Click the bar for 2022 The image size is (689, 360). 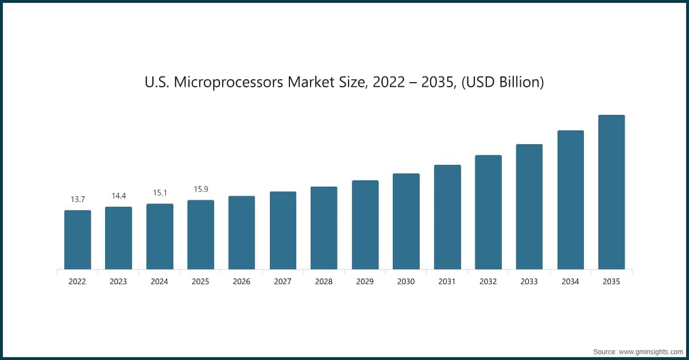(x=78, y=239)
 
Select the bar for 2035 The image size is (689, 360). (x=611, y=192)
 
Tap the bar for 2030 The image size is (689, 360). (x=406, y=221)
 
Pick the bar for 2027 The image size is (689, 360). (x=283, y=230)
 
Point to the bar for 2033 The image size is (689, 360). (x=529, y=207)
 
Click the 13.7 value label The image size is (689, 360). (x=78, y=199)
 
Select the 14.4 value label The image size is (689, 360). (x=119, y=196)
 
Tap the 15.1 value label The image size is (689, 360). (x=160, y=193)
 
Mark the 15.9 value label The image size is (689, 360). (x=201, y=189)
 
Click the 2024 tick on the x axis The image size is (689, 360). (x=160, y=282)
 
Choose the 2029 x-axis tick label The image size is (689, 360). (x=365, y=282)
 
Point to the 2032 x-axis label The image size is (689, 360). (x=488, y=282)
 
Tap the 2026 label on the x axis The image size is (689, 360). (x=242, y=282)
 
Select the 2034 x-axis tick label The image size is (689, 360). (x=570, y=282)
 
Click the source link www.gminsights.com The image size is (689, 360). (x=650, y=351)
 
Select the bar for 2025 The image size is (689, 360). (x=201, y=234)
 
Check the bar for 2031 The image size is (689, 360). (x=447, y=217)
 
